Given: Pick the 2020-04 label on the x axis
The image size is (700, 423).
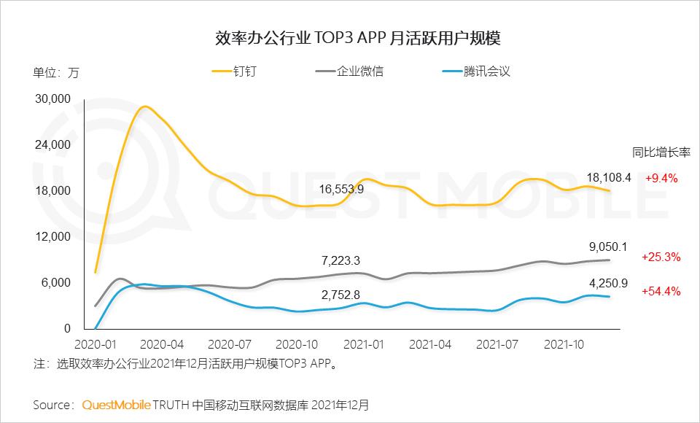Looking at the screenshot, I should (163, 343).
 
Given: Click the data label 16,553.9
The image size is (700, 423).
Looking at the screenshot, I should (341, 189).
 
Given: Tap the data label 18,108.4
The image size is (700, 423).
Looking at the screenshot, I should (608, 177).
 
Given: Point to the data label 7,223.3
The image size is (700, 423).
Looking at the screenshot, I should (341, 260).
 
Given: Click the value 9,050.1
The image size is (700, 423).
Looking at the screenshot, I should (608, 246).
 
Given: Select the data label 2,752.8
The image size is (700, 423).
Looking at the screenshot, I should (341, 295).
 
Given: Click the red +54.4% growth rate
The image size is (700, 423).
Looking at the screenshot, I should (661, 291).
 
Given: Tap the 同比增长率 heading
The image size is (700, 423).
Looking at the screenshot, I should (661, 152).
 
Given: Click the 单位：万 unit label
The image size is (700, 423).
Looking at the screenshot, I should (56, 72).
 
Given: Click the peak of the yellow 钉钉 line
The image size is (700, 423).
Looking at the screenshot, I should (145, 107).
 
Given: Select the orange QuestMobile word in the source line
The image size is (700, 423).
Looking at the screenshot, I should (117, 403).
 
